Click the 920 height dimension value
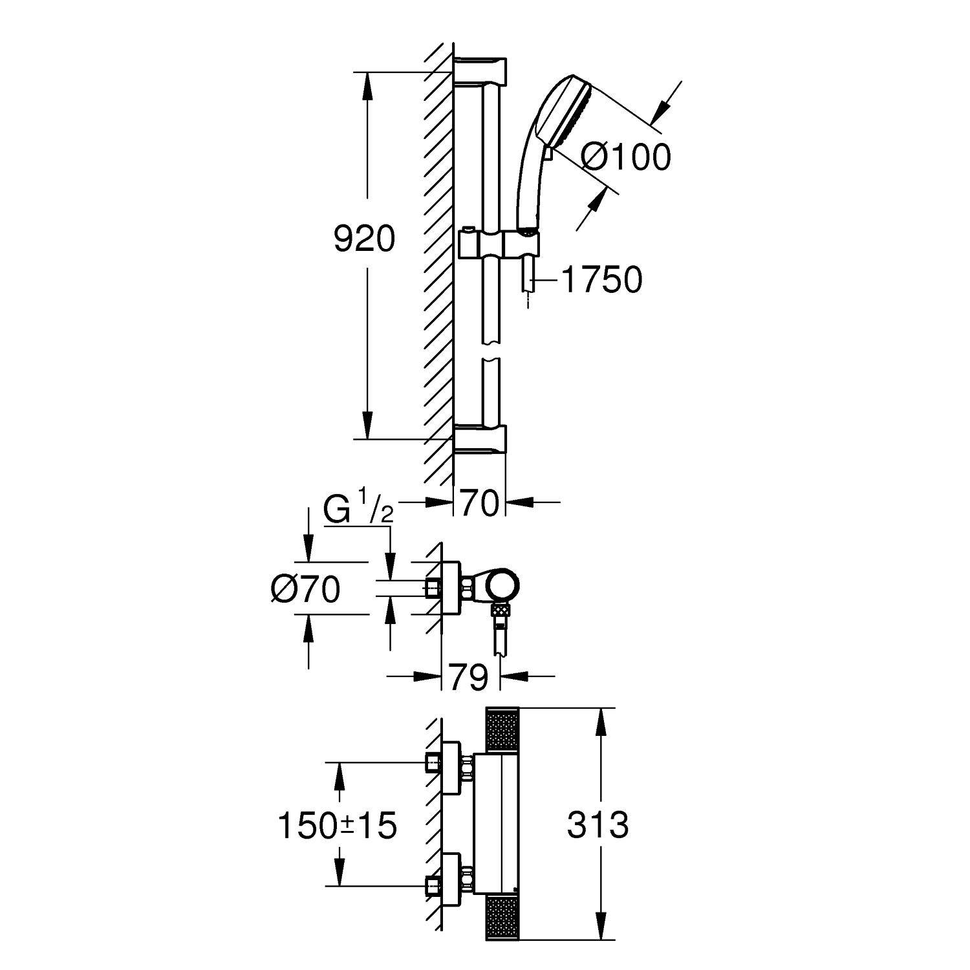pos(363,240)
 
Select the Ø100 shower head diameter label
pos(625,157)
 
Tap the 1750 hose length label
pos(601,280)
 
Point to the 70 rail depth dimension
pos(479,502)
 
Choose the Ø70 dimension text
pos(305,590)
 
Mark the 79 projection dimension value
pos(469,678)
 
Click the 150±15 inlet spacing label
pos(336,826)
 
